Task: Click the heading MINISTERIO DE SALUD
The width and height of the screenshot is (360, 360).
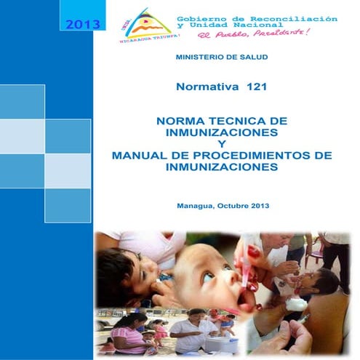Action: point(222,57)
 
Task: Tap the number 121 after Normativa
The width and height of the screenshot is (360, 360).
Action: point(256,87)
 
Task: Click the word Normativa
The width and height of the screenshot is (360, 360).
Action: point(207,87)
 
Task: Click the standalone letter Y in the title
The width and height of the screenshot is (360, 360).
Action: point(222,145)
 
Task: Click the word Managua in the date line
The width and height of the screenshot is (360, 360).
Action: point(197,206)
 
